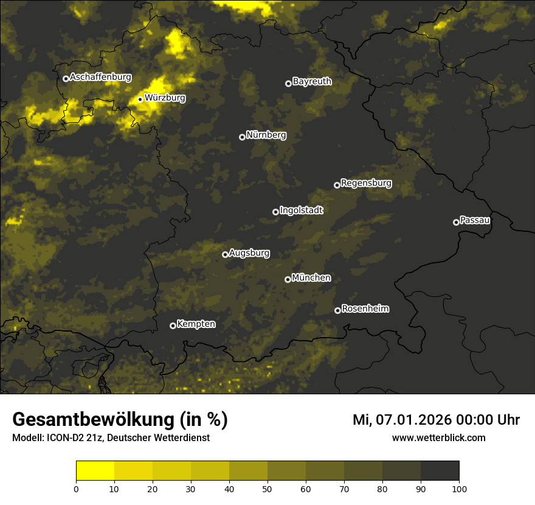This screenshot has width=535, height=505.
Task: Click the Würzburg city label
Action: pos(165,98)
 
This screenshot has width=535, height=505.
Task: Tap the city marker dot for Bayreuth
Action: pos(288,83)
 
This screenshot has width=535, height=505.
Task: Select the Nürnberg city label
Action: pos(266,135)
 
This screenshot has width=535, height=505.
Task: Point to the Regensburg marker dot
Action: pos(337,185)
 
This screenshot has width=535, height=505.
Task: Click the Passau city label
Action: pos(475,220)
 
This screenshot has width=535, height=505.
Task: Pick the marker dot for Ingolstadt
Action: pos(275,212)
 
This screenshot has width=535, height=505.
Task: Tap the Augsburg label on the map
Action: pos(249,253)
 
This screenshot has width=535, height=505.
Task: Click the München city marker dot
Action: pos(288,279)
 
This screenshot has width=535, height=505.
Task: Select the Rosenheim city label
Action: pos(365,309)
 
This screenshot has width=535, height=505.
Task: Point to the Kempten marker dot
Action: pos(173,326)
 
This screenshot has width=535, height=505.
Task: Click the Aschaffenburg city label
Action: pos(100,77)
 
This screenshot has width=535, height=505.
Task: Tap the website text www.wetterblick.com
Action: pos(438,438)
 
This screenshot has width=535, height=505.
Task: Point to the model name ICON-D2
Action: pos(61,438)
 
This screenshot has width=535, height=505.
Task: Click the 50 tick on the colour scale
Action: pos(267,489)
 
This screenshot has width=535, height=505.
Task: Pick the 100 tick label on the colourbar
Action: pos(459,489)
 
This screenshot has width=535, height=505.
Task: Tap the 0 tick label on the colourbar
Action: pos(76,489)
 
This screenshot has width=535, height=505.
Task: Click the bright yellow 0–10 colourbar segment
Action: pos(95,471)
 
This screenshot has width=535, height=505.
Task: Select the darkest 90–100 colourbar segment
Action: pos(440,471)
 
